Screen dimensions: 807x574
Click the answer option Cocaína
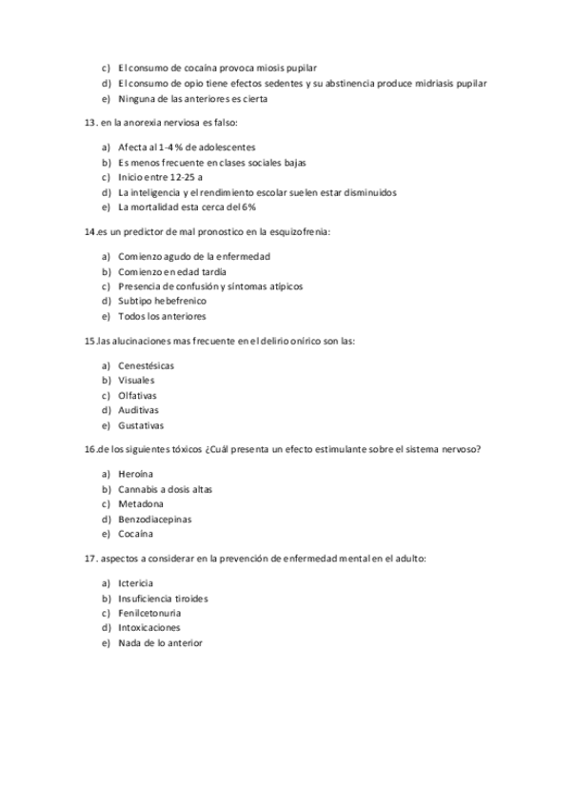point(136,535)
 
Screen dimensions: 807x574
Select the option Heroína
point(136,474)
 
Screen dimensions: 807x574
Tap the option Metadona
point(141,503)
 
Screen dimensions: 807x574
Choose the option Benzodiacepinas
point(155,520)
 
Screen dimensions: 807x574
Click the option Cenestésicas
point(147,365)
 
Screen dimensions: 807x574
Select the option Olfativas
point(138,395)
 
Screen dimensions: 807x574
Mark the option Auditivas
point(139,410)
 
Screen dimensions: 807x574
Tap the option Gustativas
point(141,425)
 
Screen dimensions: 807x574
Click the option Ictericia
point(136,582)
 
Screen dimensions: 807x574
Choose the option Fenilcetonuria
point(149,613)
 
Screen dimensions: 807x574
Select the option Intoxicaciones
point(148,628)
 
